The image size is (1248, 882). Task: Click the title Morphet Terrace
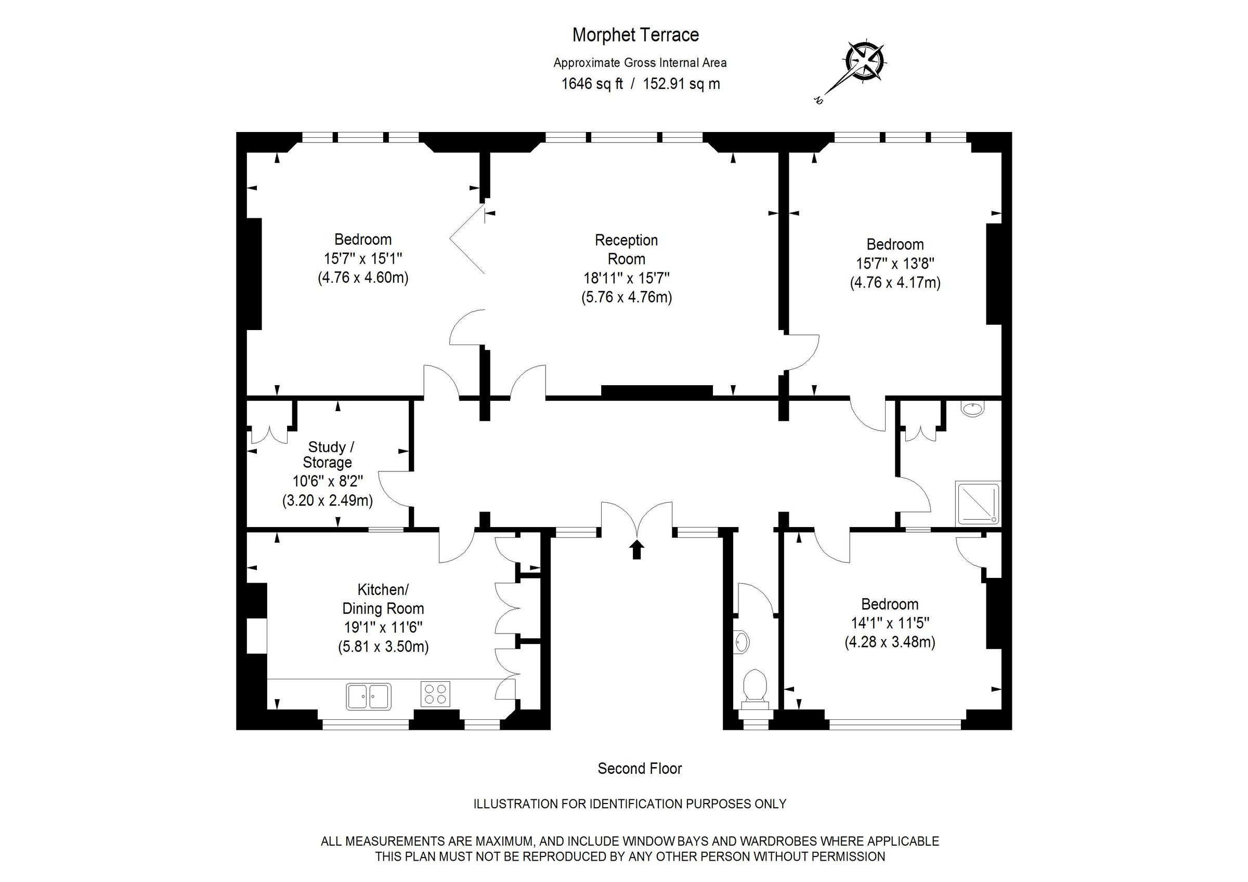tap(635, 35)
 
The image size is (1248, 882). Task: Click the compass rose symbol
tap(864, 61)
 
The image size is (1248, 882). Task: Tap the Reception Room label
tap(626, 249)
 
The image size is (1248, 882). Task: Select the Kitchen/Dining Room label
tap(383, 599)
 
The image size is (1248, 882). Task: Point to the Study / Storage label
tap(328, 454)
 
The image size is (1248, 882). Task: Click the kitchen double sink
tap(369, 696)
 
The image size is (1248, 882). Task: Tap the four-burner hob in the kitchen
tap(435, 694)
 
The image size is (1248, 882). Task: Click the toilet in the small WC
tap(755, 689)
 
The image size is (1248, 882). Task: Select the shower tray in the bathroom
tap(977, 503)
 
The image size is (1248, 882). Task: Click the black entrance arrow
tap(636, 549)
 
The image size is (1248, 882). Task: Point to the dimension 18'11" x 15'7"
tap(626, 278)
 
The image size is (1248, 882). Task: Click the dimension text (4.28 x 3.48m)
tap(890, 642)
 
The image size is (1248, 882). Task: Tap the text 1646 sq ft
tap(592, 84)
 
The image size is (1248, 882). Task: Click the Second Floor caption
tap(640, 768)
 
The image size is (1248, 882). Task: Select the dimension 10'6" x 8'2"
tap(328, 481)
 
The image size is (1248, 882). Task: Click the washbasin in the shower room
tap(972, 409)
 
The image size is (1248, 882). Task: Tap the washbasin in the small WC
tap(741, 642)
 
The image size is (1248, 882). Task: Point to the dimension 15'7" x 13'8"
tap(895, 264)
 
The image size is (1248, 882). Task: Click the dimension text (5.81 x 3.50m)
tap(383, 647)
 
